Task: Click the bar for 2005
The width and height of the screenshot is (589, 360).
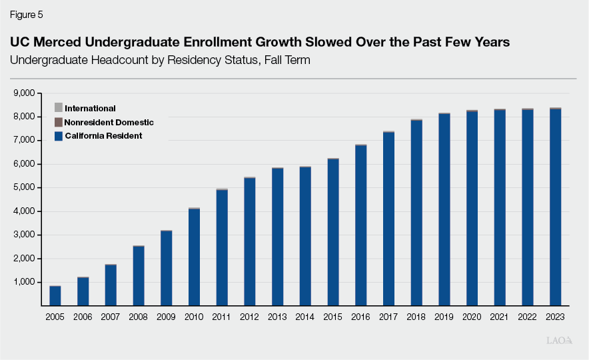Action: click(55, 295)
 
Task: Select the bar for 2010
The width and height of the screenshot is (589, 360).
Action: click(194, 257)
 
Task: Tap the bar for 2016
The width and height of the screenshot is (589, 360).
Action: click(361, 225)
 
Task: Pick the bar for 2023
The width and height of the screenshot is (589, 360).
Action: click(555, 207)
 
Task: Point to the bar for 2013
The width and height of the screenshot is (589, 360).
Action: click(277, 237)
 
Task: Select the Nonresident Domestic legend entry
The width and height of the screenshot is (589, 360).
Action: click(109, 122)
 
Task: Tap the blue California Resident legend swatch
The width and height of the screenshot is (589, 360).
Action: click(58, 136)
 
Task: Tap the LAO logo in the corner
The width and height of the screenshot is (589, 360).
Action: click(558, 341)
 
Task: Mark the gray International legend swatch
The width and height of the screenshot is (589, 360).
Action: click(58, 108)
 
